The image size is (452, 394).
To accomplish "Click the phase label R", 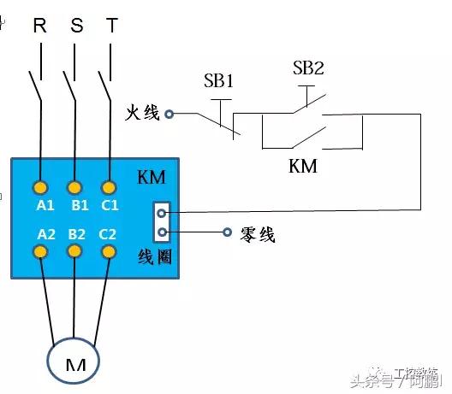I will pyautogui.click(x=39, y=25).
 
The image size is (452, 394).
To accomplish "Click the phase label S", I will pyautogui.click(x=77, y=25).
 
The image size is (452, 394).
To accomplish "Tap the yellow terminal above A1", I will pyautogui.click(x=40, y=187).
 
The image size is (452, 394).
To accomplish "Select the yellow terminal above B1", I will pyautogui.click(x=74, y=187).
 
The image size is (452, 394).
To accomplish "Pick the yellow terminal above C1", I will pyautogui.click(x=108, y=187).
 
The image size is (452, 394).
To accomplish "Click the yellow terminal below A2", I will pyautogui.click(x=40, y=251).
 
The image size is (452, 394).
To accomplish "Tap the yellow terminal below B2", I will pyautogui.click(x=74, y=251).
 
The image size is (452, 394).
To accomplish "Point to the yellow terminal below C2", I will pyautogui.click(x=108, y=251).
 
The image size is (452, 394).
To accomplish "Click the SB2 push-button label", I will pyautogui.click(x=309, y=68).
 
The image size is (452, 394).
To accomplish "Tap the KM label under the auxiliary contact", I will pyautogui.click(x=303, y=166).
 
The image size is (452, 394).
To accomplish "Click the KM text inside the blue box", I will pyautogui.click(x=151, y=178).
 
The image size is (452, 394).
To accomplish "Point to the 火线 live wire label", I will pyautogui.click(x=143, y=112).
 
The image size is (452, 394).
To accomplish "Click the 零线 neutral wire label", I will pyautogui.click(x=258, y=233).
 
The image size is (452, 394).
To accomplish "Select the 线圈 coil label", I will pyautogui.click(x=154, y=256).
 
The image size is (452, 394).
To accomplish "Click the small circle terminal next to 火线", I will pyautogui.click(x=169, y=113).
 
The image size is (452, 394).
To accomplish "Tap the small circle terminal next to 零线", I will pyautogui.click(x=227, y=232).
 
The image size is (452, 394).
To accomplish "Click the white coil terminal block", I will pyautogui.click(x=161, y=221).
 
